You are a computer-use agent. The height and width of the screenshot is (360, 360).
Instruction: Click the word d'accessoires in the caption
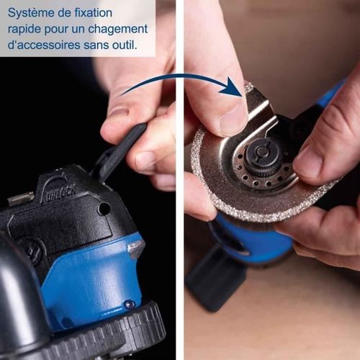pos(44,46)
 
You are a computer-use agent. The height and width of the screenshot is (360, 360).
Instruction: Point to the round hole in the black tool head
pos(104,209)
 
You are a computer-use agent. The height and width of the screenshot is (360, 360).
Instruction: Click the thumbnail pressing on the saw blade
pos(233,122)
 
